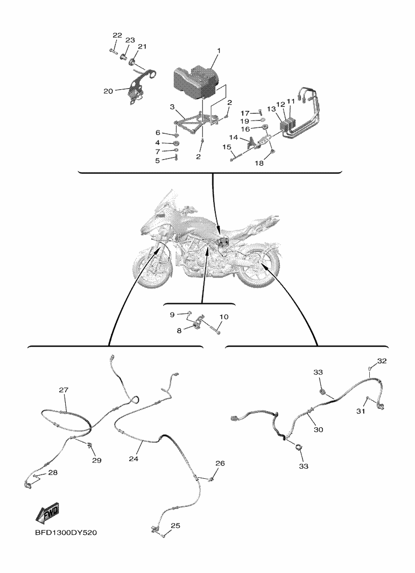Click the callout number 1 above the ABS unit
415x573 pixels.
(x=219, y=50)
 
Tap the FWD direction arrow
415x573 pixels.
(x=47, y=513)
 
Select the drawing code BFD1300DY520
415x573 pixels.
(x=66, y=533)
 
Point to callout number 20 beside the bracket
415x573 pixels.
(x=108, y=91)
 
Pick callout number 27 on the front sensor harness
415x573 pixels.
(x=64, y=390)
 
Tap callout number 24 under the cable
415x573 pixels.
(x=133, y=458)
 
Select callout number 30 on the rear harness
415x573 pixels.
(x=319, y=429)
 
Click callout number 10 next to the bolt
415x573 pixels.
(x=224, y=316)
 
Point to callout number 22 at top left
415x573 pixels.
(x=117, y=35)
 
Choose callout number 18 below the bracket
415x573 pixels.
(x=259, y=163)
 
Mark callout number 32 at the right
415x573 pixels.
(x=382, y=360)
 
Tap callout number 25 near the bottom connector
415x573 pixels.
(x=175, y=526)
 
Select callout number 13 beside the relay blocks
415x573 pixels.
(x=271, y=109)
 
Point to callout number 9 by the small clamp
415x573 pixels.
(x=172, y=314)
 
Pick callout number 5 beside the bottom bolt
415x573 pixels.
(x=158, y=160)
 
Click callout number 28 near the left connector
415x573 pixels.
(x=53, y=472)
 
